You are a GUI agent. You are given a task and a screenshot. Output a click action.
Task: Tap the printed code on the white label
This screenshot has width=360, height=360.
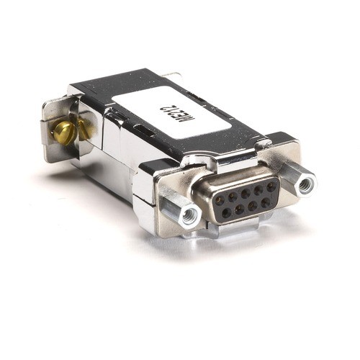[x=171, y=112]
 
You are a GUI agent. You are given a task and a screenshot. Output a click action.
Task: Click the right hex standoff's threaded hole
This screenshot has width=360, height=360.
[x=306, y=183]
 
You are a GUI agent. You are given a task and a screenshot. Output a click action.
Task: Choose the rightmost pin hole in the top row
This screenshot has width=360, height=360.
[x=271, y=186]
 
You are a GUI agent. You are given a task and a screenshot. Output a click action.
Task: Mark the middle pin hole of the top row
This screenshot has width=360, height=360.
[x=246, y=192]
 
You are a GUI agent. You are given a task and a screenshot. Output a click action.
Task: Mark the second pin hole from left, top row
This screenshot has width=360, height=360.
[x=233, y=195]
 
